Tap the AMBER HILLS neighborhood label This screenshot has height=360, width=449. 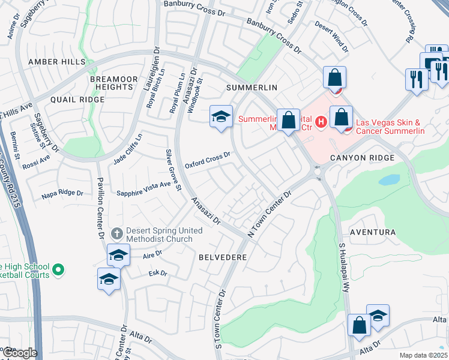[52, 62]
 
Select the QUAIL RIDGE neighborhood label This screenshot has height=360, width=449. [74, 99]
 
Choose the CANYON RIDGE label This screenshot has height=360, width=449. [362, 158]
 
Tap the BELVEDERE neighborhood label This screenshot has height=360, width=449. [223, 256]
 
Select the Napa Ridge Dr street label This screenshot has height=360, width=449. [62, 193]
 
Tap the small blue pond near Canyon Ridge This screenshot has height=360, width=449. [389, 179]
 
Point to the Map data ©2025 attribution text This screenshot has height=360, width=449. [423, 355]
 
